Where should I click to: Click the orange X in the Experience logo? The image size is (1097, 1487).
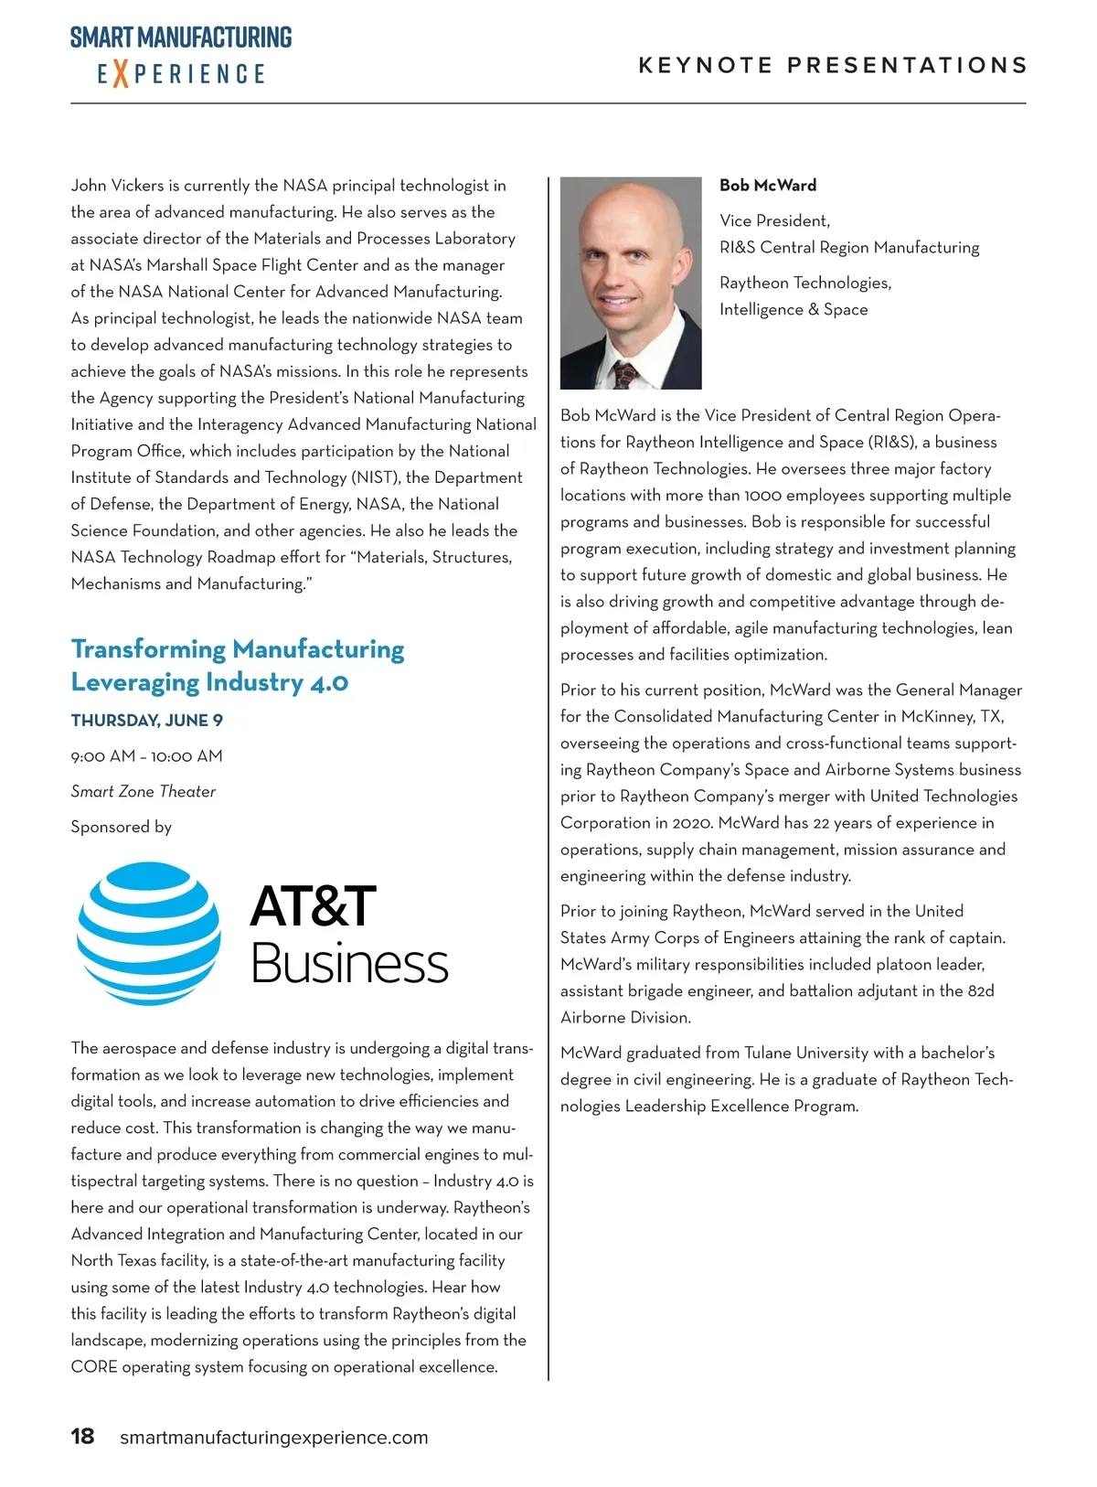tap(120, 73)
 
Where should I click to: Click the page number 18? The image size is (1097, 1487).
tap(82, 1437)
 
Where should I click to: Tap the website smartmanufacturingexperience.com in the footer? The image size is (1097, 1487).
tap(273, 1438)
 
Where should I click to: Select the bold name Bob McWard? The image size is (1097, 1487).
tap(768, 186)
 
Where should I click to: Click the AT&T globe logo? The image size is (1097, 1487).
tap(149, 934)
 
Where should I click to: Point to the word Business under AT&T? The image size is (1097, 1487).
tap(349, 964)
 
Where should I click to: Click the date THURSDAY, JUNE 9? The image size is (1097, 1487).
tap(147, 721)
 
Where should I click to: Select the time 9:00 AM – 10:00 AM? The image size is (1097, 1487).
tap(147, 756)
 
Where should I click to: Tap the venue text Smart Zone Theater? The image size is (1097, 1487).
tap(144, 792)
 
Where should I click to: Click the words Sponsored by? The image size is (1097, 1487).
tap(122, 828)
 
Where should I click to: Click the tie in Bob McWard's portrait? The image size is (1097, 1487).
tap(626, 375)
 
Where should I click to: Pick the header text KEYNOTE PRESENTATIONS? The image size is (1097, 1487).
tap(833, 66)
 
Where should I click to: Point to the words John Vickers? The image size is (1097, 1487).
tap(117, 186)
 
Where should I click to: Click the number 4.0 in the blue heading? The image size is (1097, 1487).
tap(328, 683)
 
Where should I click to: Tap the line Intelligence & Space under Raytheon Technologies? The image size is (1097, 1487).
tap(793, 310)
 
